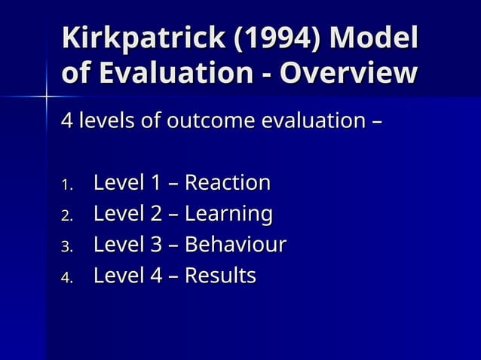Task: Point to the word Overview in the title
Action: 348,74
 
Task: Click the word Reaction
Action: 227,183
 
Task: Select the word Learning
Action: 228,215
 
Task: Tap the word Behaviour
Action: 235,246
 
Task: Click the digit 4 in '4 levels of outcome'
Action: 66,121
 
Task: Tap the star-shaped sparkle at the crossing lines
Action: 46,97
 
